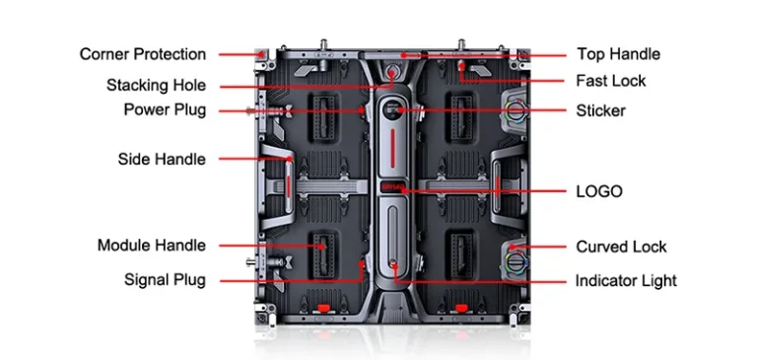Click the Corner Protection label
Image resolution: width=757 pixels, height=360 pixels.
[143, 54]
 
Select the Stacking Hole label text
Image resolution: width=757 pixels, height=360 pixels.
[157, 86]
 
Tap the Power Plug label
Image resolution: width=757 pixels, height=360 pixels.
[166, 110]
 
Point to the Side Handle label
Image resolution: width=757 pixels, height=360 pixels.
[162, 159]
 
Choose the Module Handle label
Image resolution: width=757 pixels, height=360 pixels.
[152, 246]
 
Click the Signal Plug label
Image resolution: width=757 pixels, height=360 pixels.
[166, 280]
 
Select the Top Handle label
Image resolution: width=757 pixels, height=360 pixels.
[618, 53]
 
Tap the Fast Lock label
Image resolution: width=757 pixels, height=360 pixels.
[611, 81]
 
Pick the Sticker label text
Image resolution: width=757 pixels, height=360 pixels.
[600, 110]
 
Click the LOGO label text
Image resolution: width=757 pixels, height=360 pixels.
[599, 191]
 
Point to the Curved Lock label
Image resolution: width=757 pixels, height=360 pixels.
[621, 247]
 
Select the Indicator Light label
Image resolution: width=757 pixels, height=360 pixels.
[626, 281]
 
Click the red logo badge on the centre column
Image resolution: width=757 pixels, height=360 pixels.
[392, 187]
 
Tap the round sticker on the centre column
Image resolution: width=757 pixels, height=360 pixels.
[392, 110]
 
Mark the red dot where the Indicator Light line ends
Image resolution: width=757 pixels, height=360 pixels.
[393, 264]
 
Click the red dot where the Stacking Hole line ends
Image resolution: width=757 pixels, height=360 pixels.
[392, 73]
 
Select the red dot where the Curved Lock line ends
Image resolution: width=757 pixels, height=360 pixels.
[513, 247]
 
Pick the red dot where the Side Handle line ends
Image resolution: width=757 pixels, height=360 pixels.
[290, 158]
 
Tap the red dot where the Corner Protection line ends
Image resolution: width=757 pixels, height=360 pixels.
[261, 54]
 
